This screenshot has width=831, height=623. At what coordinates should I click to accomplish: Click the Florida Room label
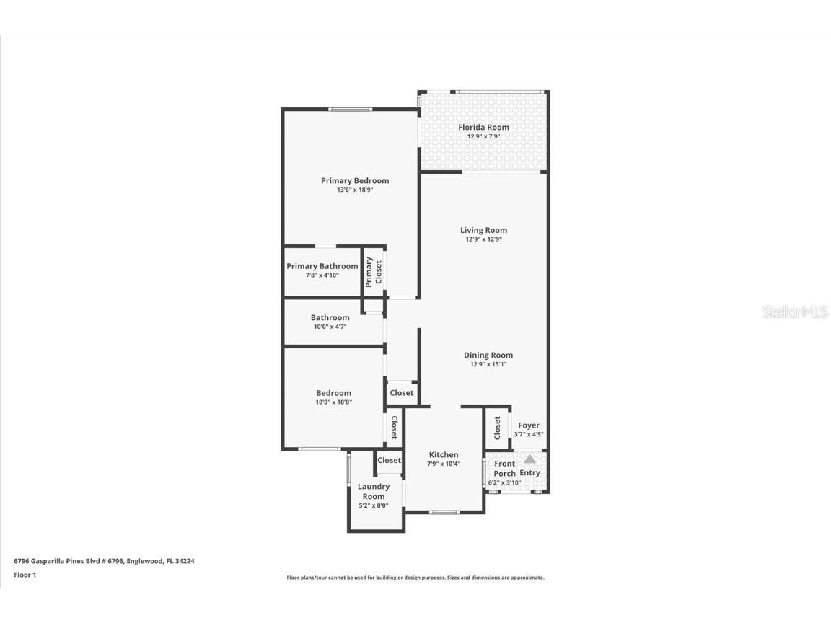tap(483, 127)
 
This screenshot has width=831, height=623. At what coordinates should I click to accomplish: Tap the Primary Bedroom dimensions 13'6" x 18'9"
tap(354, 190)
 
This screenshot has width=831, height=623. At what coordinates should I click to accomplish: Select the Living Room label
tap(483, 230)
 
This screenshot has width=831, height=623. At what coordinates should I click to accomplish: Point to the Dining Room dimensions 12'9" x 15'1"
tap(488, 364)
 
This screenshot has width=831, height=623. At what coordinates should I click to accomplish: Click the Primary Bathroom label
tap(322, 266)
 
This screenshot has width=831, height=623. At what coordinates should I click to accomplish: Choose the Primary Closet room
tap(374, 272)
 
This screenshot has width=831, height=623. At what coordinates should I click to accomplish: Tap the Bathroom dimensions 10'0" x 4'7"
tap(330, 327)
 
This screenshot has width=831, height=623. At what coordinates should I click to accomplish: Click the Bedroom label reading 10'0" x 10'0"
tap(333, 393)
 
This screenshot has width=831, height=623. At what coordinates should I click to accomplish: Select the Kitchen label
tap(444, 454)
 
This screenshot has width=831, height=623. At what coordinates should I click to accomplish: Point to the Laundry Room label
tap(374, 491)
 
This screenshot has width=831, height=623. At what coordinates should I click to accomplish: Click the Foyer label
tap(529, 425)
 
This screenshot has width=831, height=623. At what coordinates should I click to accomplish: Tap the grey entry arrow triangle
tap(529, 459)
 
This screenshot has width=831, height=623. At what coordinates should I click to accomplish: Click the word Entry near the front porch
tap(529, 473)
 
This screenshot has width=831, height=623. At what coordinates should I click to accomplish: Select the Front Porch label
tap(504, 469)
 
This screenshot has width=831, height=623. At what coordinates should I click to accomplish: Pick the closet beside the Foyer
tap(497, 428)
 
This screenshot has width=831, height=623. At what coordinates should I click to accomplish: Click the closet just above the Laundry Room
tap(389, 460)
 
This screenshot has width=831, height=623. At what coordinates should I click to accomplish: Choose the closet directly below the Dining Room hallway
tap(402, 393)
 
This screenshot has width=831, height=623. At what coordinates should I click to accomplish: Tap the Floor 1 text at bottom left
tap(25, 575)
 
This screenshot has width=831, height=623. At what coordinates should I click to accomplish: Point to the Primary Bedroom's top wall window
tap(351, 110)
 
